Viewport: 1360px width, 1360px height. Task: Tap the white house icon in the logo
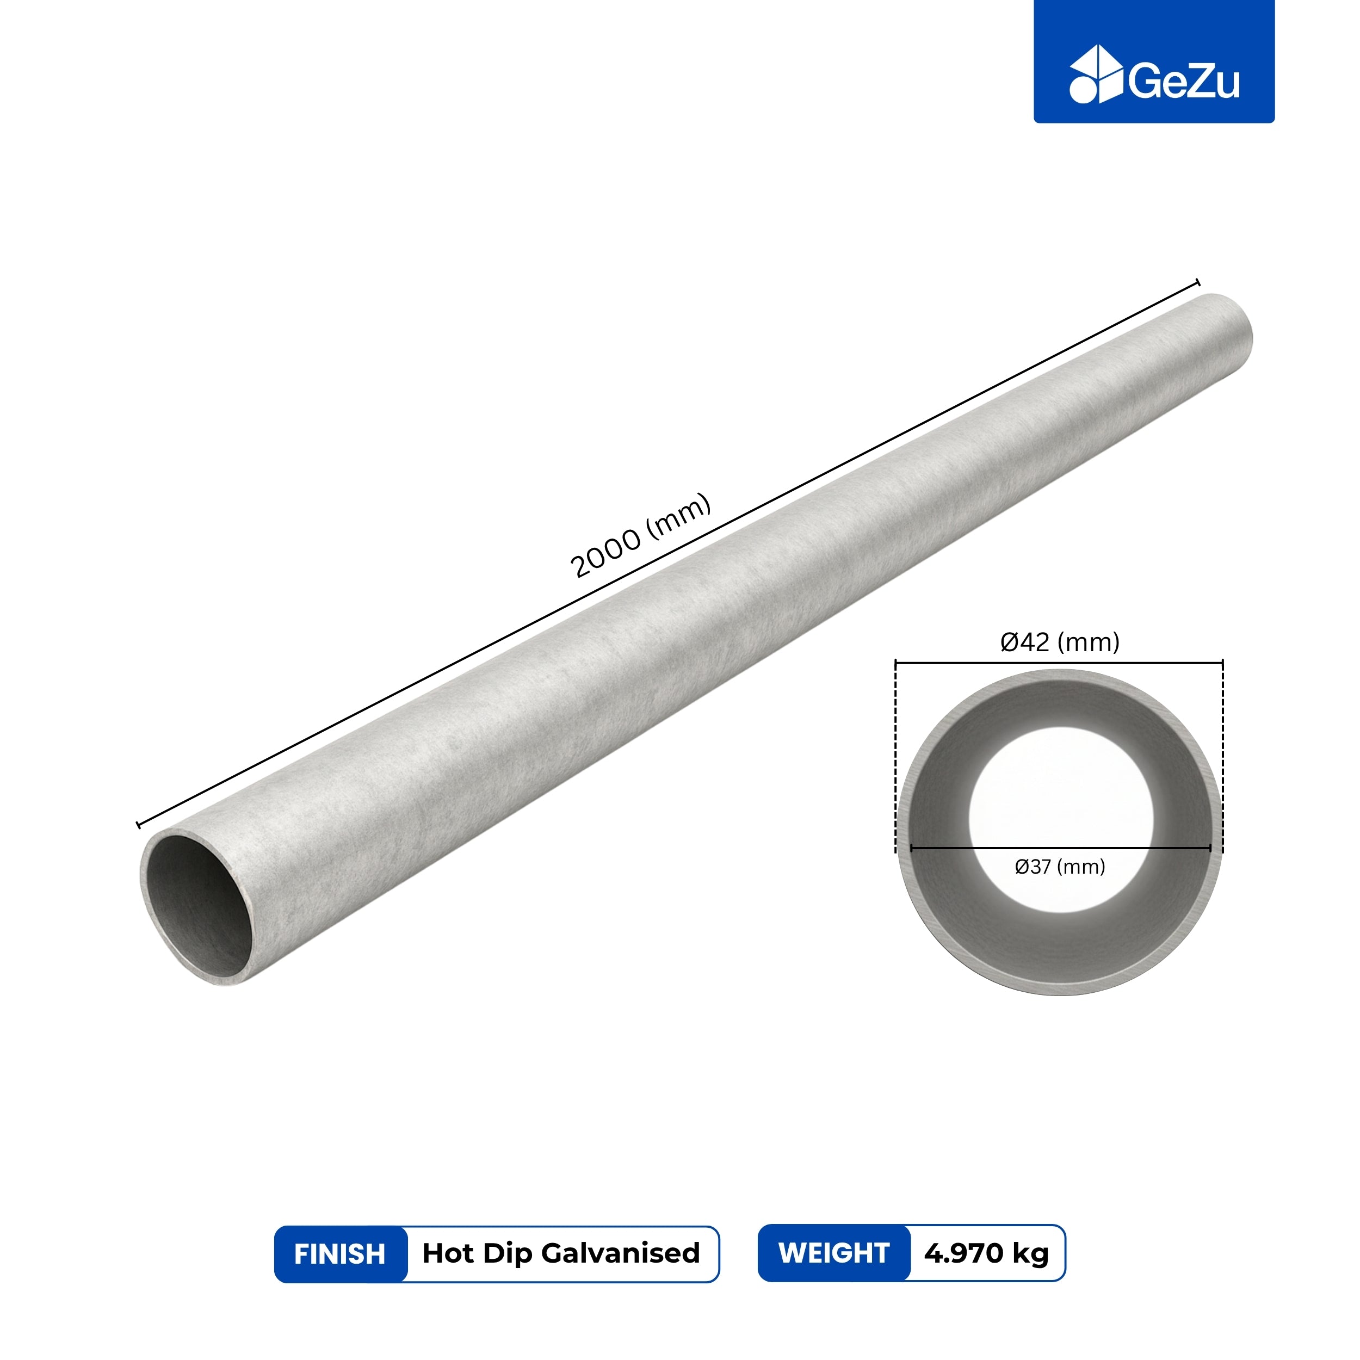1097,75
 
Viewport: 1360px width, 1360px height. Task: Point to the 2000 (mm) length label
640,536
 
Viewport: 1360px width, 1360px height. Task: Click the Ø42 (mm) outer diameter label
1059,641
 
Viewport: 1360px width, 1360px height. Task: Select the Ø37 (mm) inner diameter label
1059,867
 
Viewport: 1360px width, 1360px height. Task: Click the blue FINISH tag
341,1254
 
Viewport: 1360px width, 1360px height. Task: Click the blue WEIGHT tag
834,1253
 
